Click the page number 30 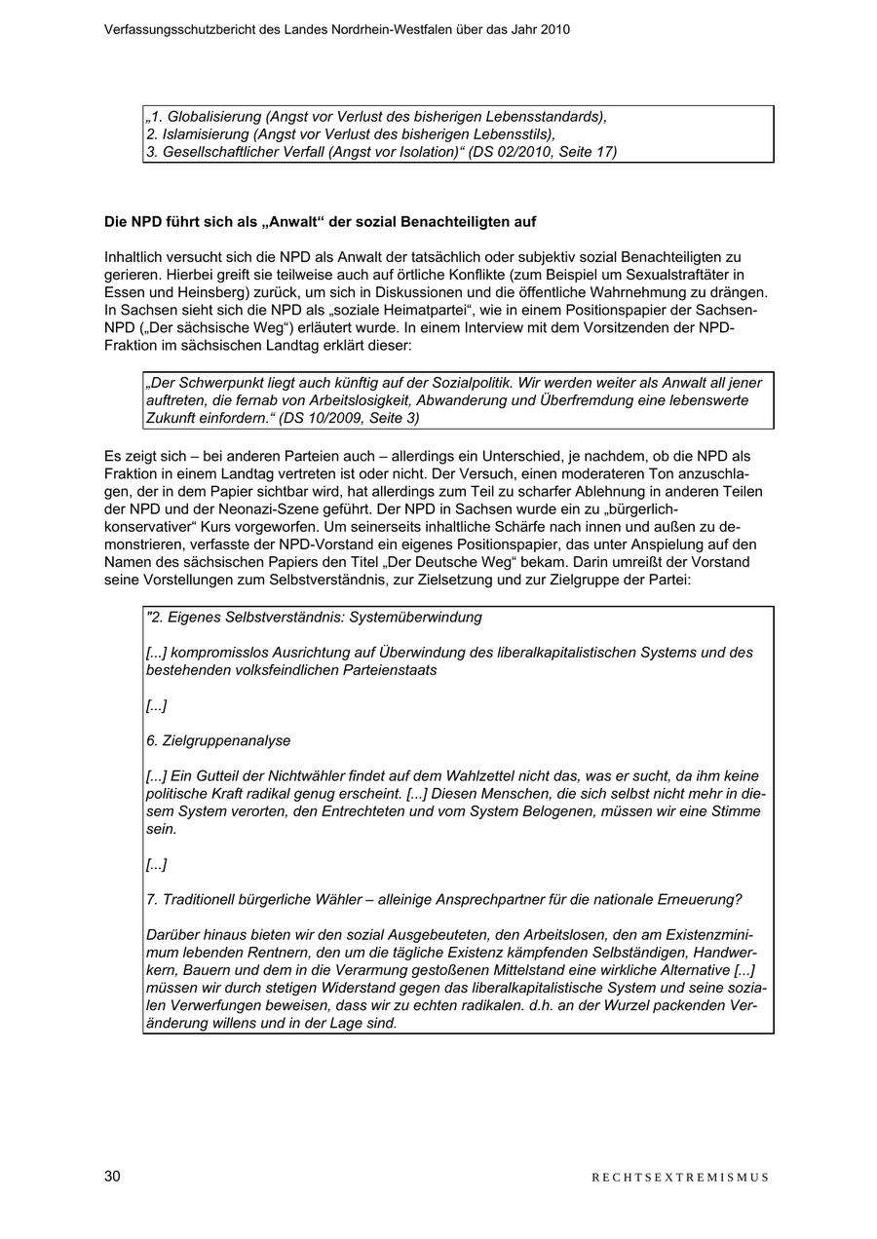click(112, 1177)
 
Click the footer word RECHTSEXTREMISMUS click(680, 1178)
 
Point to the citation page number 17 click(607, 152)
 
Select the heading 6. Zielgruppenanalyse click(218, 740)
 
